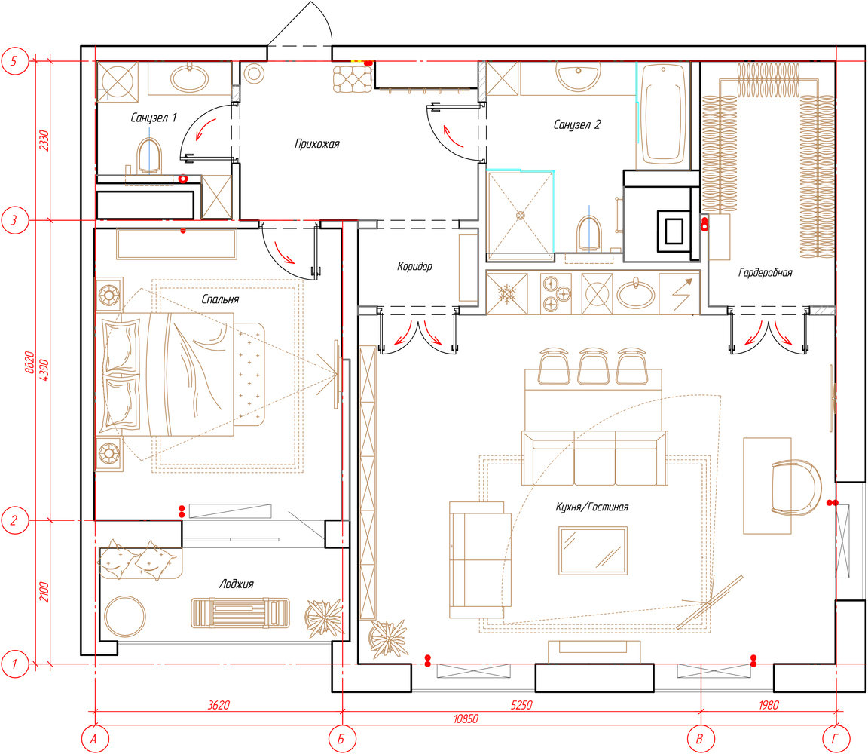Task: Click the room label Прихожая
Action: click(x=316, y=144)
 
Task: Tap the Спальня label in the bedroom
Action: click(x=220, y=299)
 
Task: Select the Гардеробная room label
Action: click(x=765, y=272)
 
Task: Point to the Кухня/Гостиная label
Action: click(x=591, y=507)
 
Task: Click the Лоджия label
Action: click(x=237, y=584)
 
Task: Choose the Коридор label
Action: click(x=414, y=266)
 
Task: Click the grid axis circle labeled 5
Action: click(x=14, y=61)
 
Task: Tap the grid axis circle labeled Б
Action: click(x=341, y=738)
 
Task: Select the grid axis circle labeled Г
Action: click(x=835, y=738)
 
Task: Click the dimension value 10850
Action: click(x=466, y=719)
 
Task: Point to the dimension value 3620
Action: click(x=219, y=705)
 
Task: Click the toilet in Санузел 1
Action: click(x=149, y=155)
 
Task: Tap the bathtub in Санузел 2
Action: click(x=662, y=114)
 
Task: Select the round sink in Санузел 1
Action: click(x=189, y=78)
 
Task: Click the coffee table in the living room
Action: click(x=593, y=550)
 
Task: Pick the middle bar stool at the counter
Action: click(x=594, y=366)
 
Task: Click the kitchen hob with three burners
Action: click(x=556, y=293)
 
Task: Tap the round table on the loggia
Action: click(x=125, y=616)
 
